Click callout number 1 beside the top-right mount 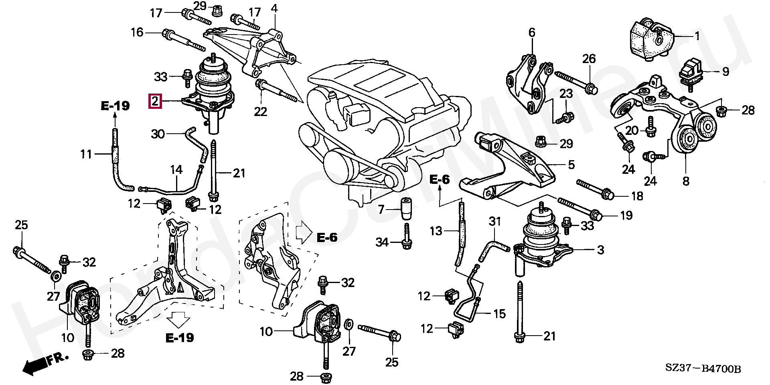tap(697, 37)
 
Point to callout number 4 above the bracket tap(274, 8)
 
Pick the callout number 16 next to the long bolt tap(137, 32)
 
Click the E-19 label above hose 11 tap(115, 106)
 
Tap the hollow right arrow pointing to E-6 tap(303, 232)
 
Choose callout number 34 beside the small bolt tap(382, 242)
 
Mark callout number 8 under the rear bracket tap(686, 181)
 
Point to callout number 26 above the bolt tap(589, 59)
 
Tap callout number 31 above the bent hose tap(495, 221)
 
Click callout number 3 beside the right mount tap(600, 250)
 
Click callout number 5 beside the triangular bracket tap(571, 164)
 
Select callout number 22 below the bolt tap(261, 111)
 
